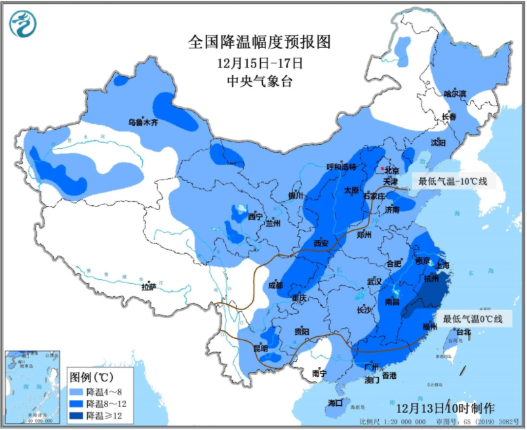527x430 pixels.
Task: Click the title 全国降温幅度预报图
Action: point(259,43)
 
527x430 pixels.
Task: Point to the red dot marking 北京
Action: point(383,168)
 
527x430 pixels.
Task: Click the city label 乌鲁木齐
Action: point(143,123)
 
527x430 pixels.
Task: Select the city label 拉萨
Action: point(149,286)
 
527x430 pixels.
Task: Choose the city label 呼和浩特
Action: point(341,167)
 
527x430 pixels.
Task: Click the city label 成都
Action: point(275,286)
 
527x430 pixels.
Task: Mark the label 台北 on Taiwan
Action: point(463,332)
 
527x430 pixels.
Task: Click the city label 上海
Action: point(442,265)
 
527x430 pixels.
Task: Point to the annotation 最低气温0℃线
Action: point(472,319)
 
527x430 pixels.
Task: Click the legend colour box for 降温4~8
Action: point(80,391)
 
